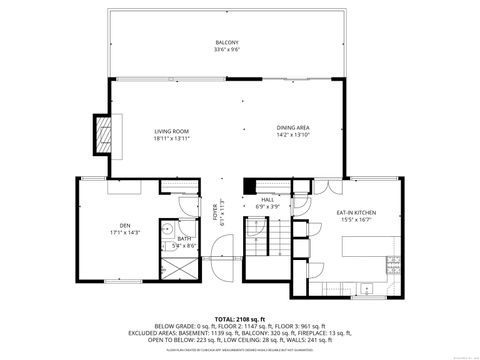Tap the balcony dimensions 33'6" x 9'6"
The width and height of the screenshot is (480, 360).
tap(226, 49)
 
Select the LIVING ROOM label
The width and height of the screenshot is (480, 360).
tap(172, 131)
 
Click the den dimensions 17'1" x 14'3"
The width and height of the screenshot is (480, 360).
tap(125, 233)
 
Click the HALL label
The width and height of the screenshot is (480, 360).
tap(267, 200)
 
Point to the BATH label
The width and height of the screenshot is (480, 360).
tap(185, 238)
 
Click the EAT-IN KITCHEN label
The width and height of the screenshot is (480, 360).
tap(356, 212)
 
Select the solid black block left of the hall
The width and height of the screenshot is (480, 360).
tap(250, 185)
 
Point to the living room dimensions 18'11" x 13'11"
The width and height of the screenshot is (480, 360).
tap(172, 138)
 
